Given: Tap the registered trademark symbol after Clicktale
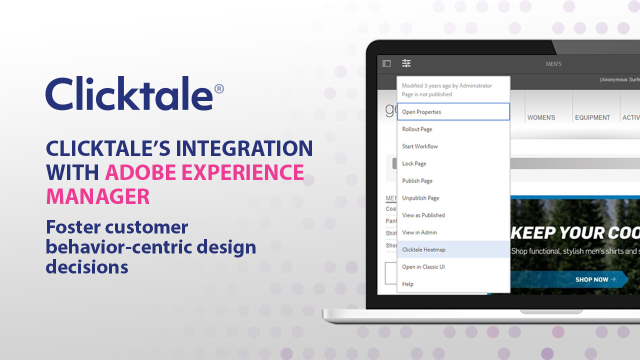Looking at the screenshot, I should (x=218, y=89).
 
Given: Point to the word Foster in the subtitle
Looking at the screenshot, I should (x=72, y=227).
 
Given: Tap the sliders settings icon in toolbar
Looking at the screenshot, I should (x=406, y=63).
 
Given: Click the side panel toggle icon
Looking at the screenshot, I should (x=386, y=63).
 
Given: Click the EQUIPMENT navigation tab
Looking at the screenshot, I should (x=592, y=117).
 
